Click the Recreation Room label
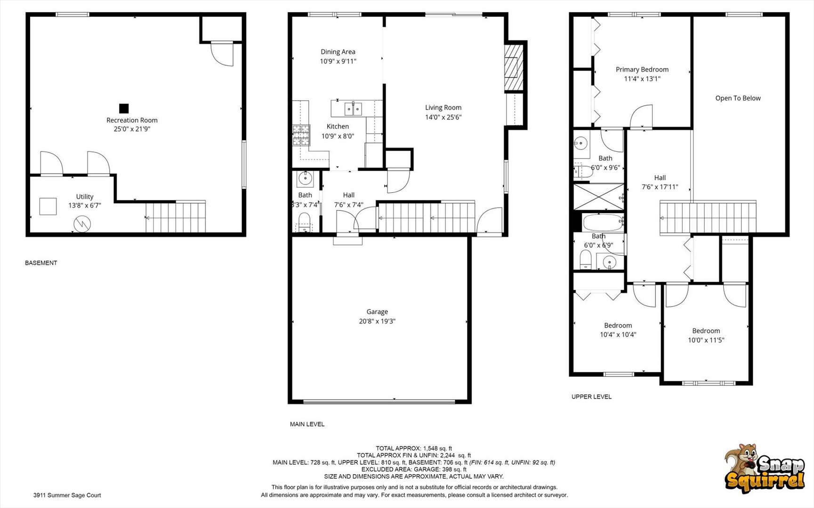click(132, 120)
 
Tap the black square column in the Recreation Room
click(124, 109)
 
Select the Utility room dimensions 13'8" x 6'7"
click(85, 206)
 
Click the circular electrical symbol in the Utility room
click(82, 224)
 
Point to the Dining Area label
click(338, 52)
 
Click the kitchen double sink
click(353, 109)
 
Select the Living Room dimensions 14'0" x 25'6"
click(443, 117)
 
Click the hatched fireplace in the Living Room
click(514, 67)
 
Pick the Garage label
click(377, 312)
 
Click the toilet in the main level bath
click(305, 221)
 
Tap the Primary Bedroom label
click(642, 70)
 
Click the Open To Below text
click(738, 98)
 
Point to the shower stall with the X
click(598, 197)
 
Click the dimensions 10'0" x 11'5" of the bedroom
click(706, 340)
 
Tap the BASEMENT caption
click(41, 263)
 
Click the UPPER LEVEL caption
click(591, 397)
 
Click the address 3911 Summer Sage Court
click(67, 495)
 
